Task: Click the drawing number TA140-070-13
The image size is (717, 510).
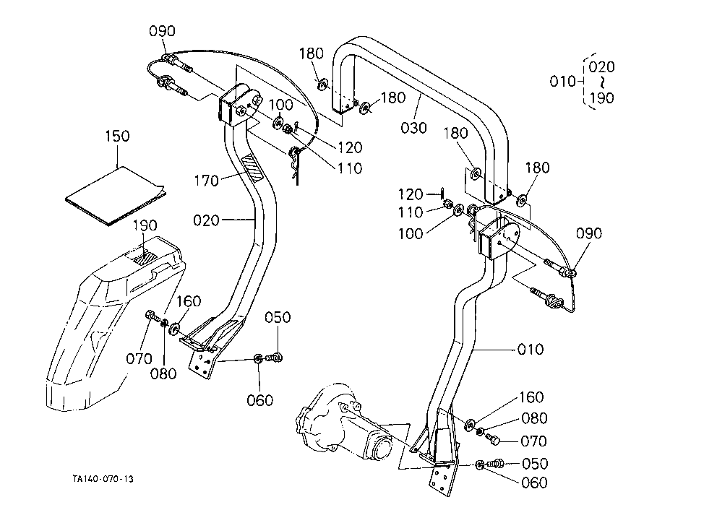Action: point(103,479)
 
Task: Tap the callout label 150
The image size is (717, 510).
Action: point(118,136)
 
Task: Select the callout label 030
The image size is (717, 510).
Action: point(414,127)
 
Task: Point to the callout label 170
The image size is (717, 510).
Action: point(206,181)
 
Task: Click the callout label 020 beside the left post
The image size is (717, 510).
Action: point(206,220)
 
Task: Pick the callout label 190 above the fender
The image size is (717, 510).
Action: point(145,225)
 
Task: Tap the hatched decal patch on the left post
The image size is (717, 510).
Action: point(252,168)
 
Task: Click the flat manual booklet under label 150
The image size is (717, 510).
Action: point(115,196)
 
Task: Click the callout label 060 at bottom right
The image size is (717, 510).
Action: point(535,483)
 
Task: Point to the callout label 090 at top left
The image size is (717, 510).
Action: point(162,31)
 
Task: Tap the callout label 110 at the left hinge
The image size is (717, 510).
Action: point(350,168)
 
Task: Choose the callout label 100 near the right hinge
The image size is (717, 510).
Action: point(411,233)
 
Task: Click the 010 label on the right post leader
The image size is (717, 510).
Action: point(531,350)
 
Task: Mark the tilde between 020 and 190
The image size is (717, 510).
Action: point(602,82)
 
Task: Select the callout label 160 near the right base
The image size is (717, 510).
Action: point(531,397)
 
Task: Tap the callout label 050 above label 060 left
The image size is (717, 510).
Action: point(278,317)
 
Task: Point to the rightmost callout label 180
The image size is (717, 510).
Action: point(537,168)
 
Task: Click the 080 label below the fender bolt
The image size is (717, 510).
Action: point(163,373)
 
